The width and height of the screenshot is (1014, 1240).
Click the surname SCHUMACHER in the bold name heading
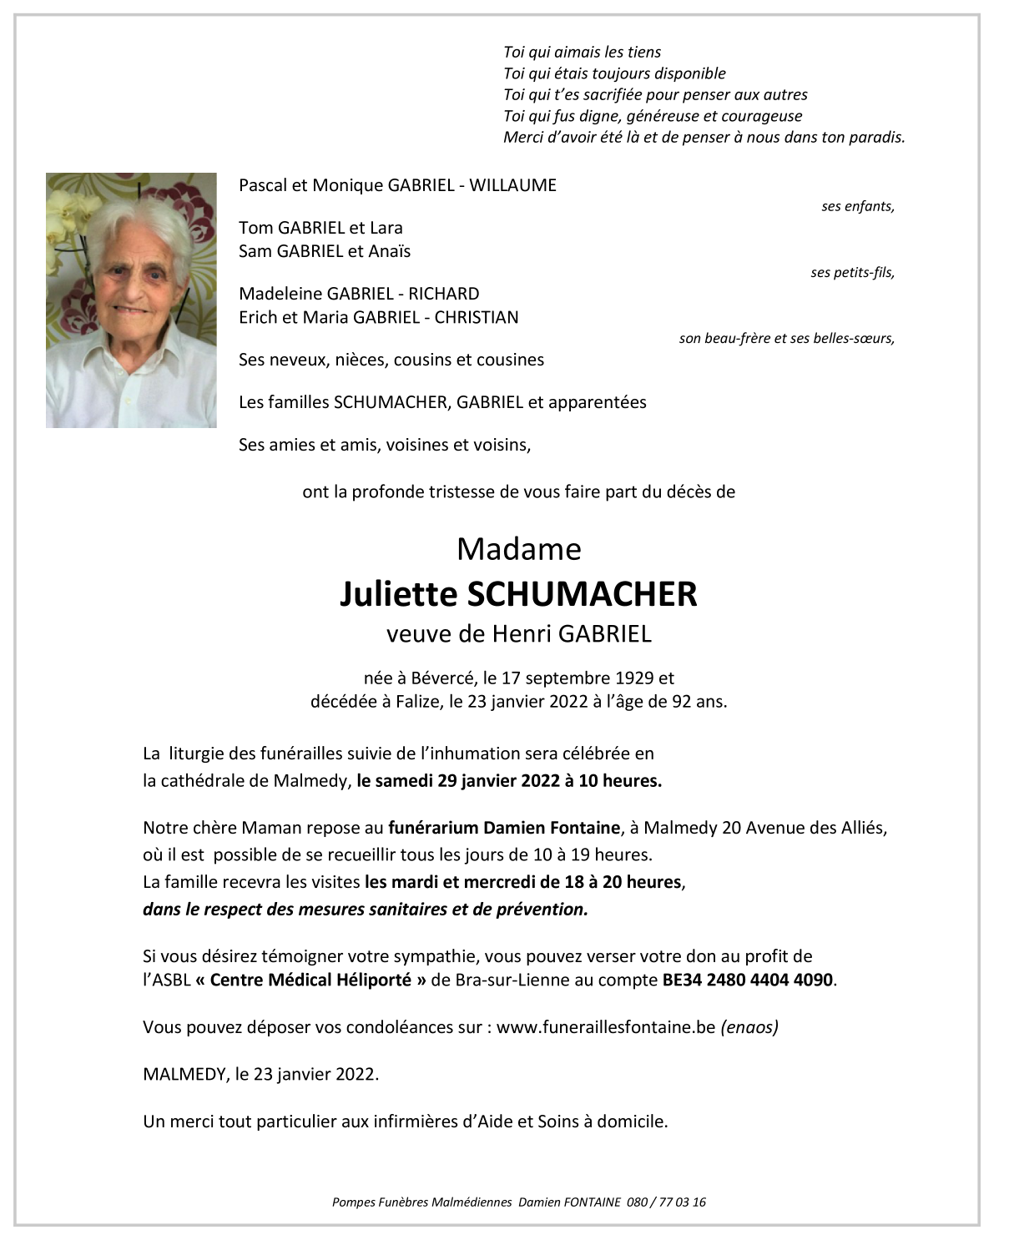(582, 594)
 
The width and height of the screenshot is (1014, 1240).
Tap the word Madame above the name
(518, 549)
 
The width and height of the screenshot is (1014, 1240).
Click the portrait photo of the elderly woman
(131, 300)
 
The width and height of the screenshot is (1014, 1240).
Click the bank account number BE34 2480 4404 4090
(747, 980)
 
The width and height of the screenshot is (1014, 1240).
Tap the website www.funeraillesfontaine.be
(606, 1026)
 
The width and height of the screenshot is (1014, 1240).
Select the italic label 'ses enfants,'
(857, 206)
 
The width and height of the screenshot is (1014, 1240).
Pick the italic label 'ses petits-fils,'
(852, 272)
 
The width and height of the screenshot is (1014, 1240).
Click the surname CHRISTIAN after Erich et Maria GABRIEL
(477, 317)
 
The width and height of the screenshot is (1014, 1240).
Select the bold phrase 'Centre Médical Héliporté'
(310, 980)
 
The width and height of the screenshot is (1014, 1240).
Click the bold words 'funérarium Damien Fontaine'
(504, 828)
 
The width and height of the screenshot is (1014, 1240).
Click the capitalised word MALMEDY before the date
(184, 1074)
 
